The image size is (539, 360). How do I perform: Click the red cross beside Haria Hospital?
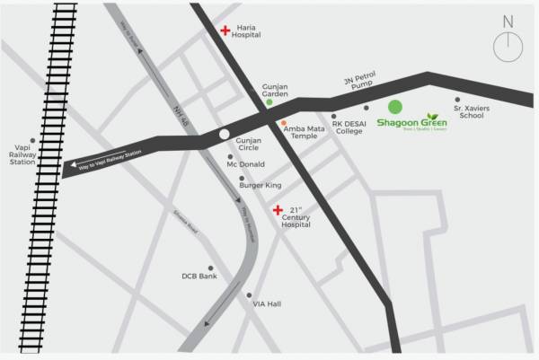[225, 31]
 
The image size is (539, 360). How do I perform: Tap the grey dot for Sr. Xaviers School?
[457, 100]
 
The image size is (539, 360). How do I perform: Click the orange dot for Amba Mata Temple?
[284, 122]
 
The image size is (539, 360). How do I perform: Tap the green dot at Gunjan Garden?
[269, 103]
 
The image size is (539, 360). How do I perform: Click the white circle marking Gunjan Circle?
[224, 136]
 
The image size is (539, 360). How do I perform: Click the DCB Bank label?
[199, 277]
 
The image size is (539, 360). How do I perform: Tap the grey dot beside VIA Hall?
[249, 294]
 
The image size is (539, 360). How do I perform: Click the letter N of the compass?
[508, 21]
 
